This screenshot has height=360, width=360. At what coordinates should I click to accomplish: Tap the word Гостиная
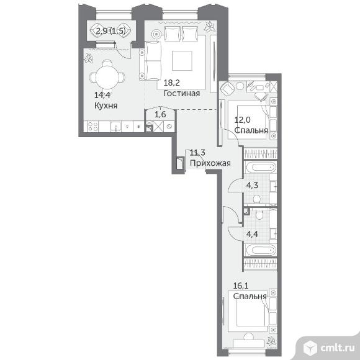[x=182, y=93]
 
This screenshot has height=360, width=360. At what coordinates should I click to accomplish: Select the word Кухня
[x=106, y=106]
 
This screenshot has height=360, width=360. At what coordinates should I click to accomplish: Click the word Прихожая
[x=210, y=163]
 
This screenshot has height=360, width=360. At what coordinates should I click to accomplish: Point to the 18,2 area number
[x=171, y=83]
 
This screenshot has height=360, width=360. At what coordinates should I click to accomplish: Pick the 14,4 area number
[x=102, y=95]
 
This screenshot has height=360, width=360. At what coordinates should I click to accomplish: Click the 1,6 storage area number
[x=160, y=114]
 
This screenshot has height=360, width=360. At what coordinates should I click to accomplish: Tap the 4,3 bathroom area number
[x=252, y=185]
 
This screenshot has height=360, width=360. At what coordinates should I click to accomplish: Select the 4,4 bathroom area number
[x=252, y=234]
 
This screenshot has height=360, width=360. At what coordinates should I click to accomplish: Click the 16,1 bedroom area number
[x=241, y=286]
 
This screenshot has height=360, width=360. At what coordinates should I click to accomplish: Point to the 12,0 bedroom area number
[x=242, y=120]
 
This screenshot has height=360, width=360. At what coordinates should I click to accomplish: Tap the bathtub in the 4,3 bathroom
[x=261, y=167]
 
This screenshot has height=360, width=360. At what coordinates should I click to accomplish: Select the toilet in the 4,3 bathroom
[x=256, y=199]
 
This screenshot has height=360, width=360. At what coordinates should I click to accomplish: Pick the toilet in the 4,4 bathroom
[x=260, y=215]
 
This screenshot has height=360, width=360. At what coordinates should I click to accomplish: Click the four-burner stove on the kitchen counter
[x=92, y=127]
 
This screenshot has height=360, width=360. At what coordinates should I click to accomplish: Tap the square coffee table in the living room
[x=182, y=61]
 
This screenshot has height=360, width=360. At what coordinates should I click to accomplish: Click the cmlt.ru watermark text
[x=337, y=348]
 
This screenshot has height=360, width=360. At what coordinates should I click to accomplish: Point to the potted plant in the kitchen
[x=89, y=58]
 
